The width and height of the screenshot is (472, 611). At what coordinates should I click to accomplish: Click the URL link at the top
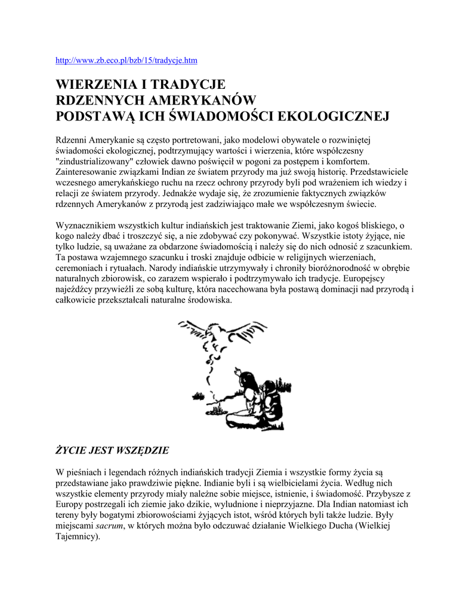126,61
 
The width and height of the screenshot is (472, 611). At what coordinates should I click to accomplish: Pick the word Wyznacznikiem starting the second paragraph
89,226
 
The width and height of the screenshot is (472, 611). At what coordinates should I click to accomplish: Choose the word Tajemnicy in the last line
76,537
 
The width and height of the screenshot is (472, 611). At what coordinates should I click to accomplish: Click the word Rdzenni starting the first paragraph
71,140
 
